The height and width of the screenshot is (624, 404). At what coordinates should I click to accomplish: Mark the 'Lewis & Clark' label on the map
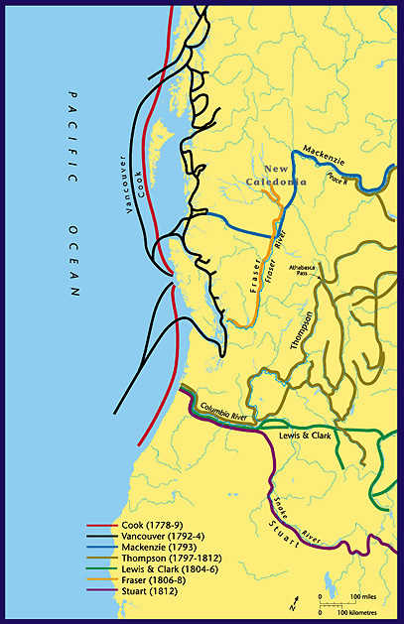[304, 435]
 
